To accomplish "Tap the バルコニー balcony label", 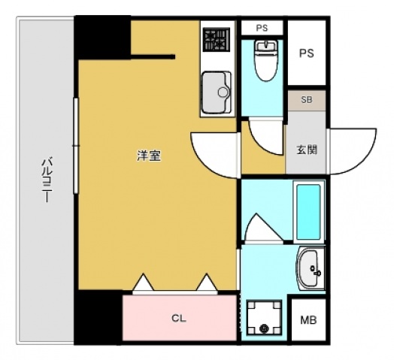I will tap(46, 180).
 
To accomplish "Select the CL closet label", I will tap(177, 319).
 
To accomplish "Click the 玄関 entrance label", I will tap(306, 149).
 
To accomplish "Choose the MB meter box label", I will tap(308, 319).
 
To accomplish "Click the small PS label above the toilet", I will tap(262, 28).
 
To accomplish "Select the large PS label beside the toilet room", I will tap(306, 53).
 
